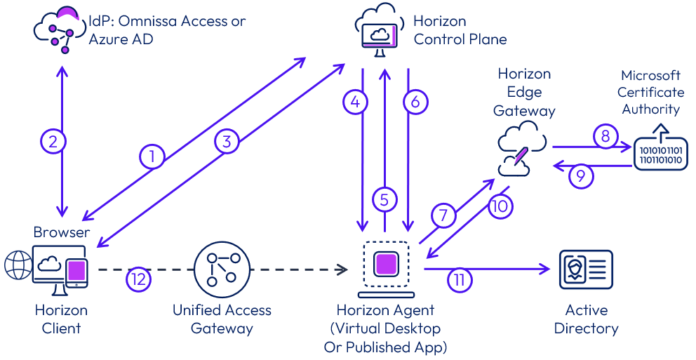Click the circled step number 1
pyautogui.click(x=152, y=156)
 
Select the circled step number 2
pyautogui.click(x=53, y=142)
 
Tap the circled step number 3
pyautogui.click(x=226, y=141)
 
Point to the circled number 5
pyautogui.click(x=384, y=200)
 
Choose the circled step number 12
pyautogui.click(x=139, y=279)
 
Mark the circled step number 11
pyautogui.click(x=460, y=280)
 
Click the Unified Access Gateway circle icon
pyautogui.click(x=221, y=269)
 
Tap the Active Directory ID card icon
pyautogui.click(x=586, y=269)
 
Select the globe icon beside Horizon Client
pyautogui.click(x=18, y=266)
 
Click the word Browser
pyautogui.click(x=62, y=232)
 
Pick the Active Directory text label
pyautogui.click(x=586, y=319)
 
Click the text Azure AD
pyautogui.click(x=121, y=39)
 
